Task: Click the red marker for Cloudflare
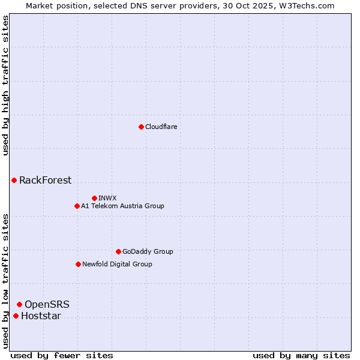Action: coord(141,127)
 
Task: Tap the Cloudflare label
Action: coord(161,127)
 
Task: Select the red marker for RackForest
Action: coord(14,180)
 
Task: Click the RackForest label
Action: coord(45,180)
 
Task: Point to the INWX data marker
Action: coord(94,198)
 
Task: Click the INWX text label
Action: coord(107,198)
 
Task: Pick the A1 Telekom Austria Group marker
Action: coord(77,206)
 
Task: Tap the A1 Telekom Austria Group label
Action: coord(122,206)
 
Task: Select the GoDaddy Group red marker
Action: coord(118,251)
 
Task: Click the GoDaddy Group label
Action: coord(147,251)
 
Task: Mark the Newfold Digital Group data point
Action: coord(78,264)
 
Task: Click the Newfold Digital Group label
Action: coord(117,264)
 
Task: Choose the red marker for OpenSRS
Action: coord(19,304)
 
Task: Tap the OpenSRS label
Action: coord(47,305)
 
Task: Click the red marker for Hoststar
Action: coord(16,316)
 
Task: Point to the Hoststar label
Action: coord(41,316)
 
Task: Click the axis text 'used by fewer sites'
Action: coord(62,355)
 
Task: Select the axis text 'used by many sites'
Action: coord(301,355)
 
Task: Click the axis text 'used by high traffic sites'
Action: coord(6,85)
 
